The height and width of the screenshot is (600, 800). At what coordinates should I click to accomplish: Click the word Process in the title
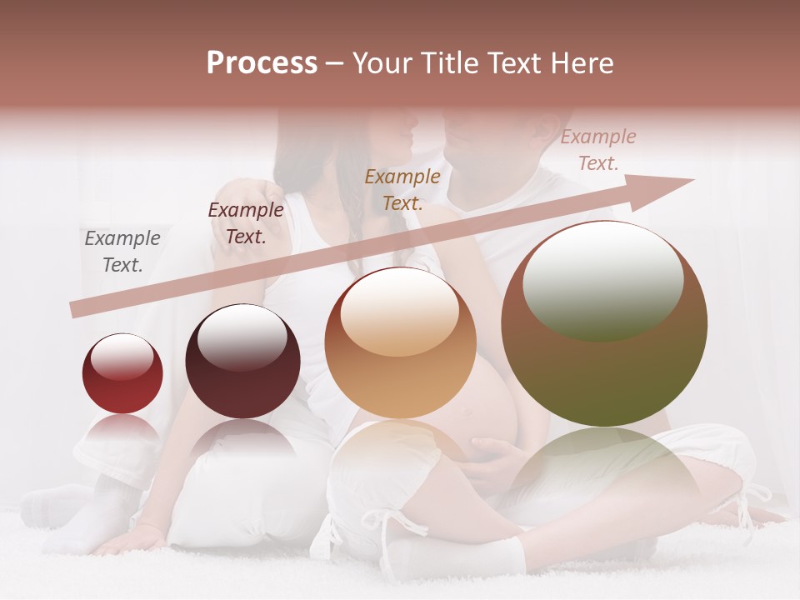pyautogui.click(x=262, y=63)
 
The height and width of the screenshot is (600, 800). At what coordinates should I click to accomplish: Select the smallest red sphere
pyautogui.click(x=122, y=374)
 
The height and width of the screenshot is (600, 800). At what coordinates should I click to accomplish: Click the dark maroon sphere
pyautogui.click(x=242, y=362)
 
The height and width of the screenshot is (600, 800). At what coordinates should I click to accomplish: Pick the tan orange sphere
pyautogui.click(x=400, y=342)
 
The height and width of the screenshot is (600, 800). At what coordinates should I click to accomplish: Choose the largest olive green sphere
pyautogui.click(x=604, y=324)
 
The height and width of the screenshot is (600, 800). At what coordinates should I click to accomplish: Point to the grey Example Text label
pyautogui.click(x=122, y=252)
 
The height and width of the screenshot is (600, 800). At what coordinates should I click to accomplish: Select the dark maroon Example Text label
pyautogui.click(x=246, y=223)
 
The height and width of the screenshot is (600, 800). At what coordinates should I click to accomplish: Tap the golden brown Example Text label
pyautogui.click(x=402, y=189)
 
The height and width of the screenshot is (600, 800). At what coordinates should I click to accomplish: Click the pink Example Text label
pyautogui.click(x=598, y=150)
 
